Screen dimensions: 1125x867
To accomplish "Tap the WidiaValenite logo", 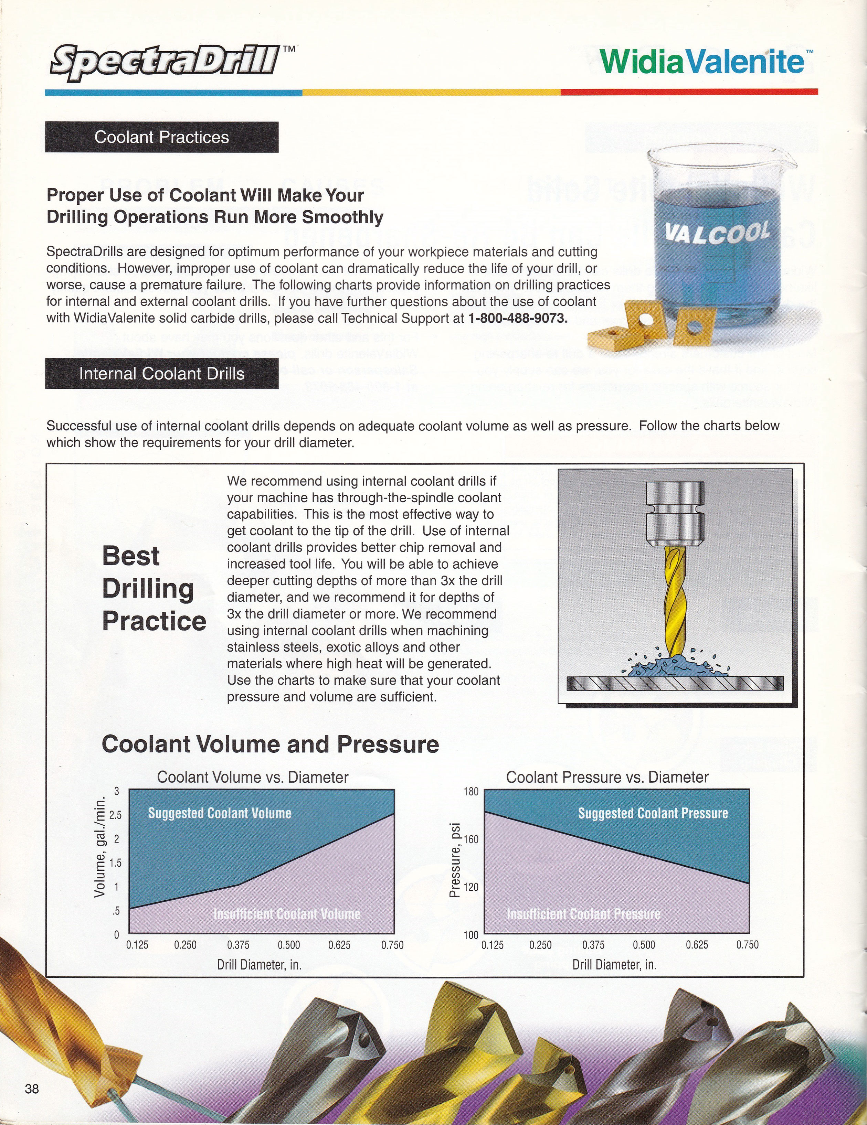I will click(702, 63).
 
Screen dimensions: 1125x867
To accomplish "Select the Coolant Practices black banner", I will click(162, 137).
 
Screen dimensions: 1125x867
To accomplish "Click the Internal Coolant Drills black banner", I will click(162, 374).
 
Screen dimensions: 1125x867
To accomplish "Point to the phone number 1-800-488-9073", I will click(518, 318).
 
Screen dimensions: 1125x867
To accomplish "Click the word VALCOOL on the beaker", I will click(718, 233).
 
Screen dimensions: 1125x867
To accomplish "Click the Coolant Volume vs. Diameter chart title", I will click(253, 777).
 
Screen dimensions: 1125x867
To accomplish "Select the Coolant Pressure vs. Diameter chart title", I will click(607, 777).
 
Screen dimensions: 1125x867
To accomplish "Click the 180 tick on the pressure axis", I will click(472, 792).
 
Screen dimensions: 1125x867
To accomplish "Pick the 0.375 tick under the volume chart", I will click(238, 945).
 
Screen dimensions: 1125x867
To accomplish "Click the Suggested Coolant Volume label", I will click(220, 813).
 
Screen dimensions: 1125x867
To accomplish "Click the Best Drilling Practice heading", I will click(154, 588).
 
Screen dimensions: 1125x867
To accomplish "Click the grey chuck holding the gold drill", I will click(675, 515).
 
